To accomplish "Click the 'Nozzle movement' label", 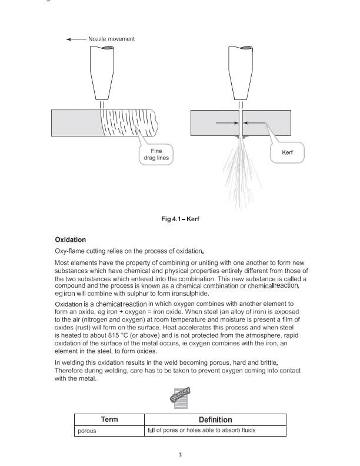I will coord(111,39).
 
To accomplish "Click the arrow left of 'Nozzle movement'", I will coord(76,39).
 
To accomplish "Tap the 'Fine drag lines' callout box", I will coord(156,154).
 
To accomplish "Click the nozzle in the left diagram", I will coord(102,72).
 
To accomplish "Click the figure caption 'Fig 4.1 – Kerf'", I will coord(180,219).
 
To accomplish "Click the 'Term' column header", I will coord(109,420).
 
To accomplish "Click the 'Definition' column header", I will coord(215,420).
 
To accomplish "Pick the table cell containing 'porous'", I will coord(109,431).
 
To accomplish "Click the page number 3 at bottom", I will coord(180,455).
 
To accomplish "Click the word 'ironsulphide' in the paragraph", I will coord(175,294).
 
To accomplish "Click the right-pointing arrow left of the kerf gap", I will coord(226,124).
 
